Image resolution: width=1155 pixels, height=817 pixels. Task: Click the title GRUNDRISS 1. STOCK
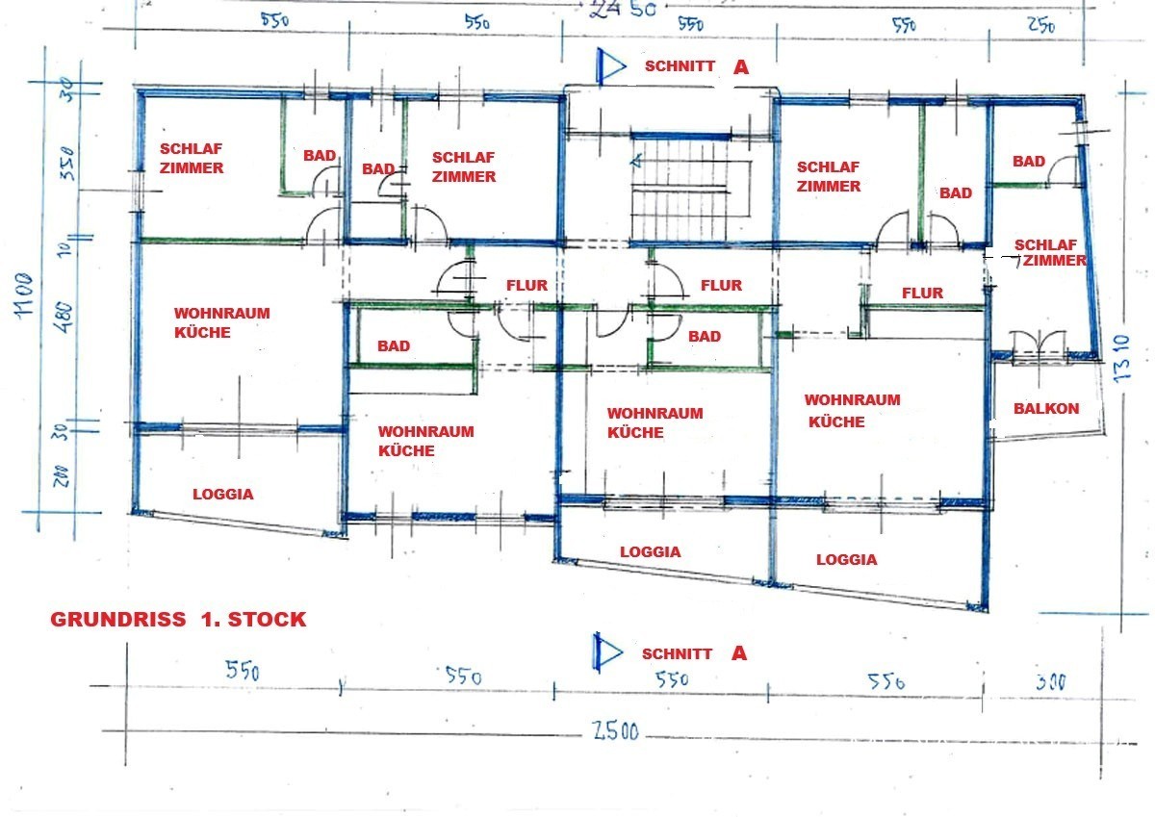(178, 619)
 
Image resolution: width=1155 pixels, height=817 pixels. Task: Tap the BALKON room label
(1046, 409)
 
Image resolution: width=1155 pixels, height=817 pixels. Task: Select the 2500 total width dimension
(615, 731)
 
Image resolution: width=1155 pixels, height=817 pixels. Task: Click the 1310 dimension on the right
(1121, 359)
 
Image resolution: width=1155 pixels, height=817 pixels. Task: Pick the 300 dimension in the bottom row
(1050, 682)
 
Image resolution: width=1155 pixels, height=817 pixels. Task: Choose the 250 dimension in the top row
(1041, 25)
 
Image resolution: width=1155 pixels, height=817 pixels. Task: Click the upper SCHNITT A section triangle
(610, 66)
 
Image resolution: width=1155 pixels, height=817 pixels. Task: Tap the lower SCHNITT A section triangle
(608, 652)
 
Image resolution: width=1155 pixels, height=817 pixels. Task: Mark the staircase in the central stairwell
(685, 190)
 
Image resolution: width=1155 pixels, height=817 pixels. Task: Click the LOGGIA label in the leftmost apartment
(223, 495)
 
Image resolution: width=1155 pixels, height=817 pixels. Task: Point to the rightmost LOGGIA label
(847, 560)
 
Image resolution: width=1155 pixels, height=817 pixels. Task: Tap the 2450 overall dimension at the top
(623, 10)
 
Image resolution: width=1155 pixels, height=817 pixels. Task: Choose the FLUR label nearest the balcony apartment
(922, 294)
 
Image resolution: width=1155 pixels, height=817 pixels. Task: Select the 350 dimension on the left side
(67, 163)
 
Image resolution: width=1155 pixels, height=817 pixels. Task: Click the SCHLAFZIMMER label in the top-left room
(192, 158)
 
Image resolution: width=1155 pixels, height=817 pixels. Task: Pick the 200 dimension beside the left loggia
(61, 475)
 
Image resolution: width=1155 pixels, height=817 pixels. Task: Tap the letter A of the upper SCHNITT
(741, 66)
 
